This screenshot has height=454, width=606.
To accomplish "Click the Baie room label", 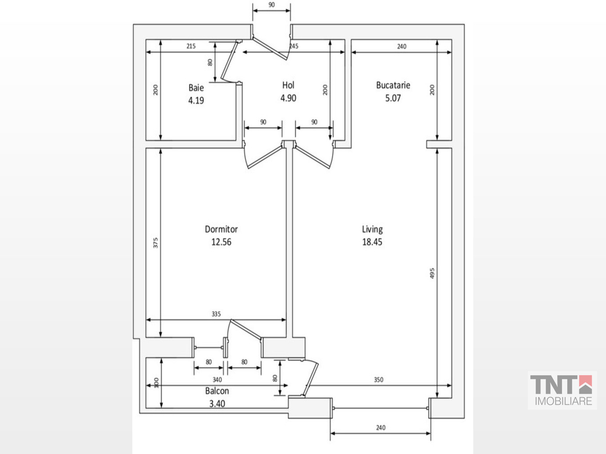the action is pos(196,88).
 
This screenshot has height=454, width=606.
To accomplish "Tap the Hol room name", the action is pos(288,85).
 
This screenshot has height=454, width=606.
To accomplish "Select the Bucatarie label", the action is pos(393,85).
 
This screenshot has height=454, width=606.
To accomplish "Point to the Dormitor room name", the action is pos(221,229).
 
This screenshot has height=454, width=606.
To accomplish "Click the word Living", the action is pos(372,229).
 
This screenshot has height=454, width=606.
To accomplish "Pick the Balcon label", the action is pos(217,391).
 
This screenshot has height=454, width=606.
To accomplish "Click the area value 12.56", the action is pos(221,242).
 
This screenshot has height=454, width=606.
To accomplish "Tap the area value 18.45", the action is pos(372,242).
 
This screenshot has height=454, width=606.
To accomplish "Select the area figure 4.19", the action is pos(196,100).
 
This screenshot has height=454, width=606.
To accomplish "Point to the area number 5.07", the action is pos(393,98).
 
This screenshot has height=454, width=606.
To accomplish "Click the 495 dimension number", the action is pos(432,273).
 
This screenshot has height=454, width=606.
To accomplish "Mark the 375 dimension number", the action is pos(155,243).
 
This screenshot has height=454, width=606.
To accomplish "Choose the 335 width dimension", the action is pos(216,314).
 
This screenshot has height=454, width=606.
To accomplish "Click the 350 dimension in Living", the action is pos(379,380).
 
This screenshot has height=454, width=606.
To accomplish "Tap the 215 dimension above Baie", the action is pos(191,46).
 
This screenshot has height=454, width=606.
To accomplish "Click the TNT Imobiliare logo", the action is pos(562,390).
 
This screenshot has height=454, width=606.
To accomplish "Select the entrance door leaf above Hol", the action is pos(270,48).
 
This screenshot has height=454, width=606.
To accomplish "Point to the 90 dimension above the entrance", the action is pos(272,5).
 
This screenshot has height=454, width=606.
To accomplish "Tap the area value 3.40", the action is pos(217,404).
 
